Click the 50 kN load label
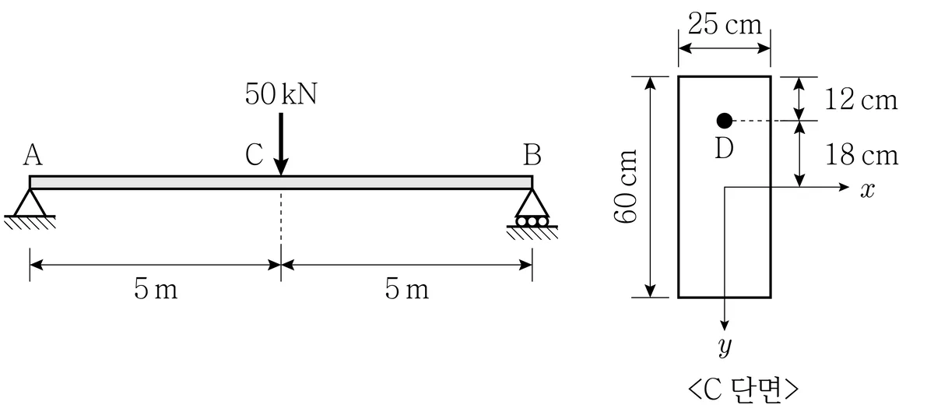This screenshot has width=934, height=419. click(x=281, y=94)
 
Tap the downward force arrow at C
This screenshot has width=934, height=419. click(x=281, y=144)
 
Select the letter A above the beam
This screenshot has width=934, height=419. click(x=33, y=155)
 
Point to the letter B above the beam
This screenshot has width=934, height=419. click(x=532, y=155)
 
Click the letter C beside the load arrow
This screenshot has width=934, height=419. click(x=255, y=155)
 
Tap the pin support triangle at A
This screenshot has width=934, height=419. click(x=30, y=202)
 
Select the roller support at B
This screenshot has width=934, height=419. click(x=532, y=208)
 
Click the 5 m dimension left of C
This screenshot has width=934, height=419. click(x=156, y=289)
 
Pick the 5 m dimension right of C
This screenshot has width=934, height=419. click(x=406, y=289)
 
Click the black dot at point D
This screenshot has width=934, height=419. click(x=725, y=121)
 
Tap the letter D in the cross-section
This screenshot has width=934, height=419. click(x=724, y=148)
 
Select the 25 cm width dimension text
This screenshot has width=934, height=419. click(x=725, y=24)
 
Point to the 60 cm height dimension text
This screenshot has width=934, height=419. click(x=626, y=186)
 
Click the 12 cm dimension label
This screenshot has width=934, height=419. click(x=861, y=100)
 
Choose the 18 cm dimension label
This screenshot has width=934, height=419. click(x=862, y=155)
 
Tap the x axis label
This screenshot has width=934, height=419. click(x=868, y=190)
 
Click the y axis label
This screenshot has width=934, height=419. click(x=725, y=347)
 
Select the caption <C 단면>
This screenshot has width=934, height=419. click(x=743, y=389)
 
